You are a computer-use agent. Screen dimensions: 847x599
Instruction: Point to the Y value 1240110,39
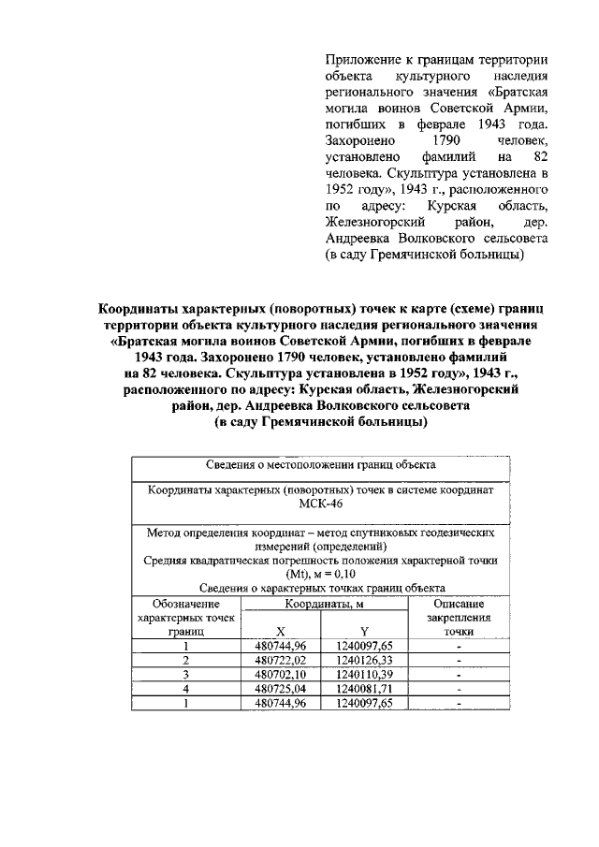pos(363,673)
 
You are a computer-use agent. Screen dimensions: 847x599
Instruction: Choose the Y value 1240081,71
pos(363,688)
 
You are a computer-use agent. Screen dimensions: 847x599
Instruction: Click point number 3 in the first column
pos(186,673)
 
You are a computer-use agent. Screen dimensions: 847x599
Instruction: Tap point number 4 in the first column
pos(186,688)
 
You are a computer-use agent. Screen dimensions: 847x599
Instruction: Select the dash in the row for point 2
pos(459,659)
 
